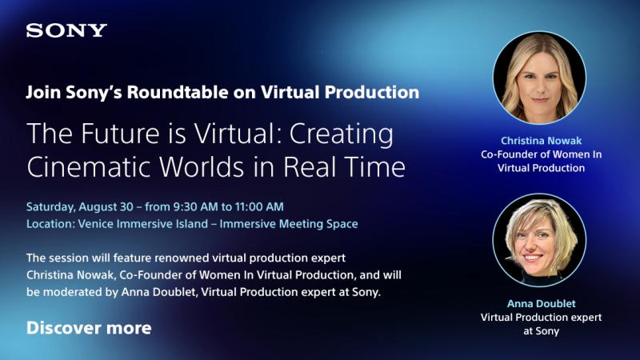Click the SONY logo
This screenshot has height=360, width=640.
pyautogui.click(x=66, y=30)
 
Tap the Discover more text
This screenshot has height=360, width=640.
pyautogui.click(x=89, y=328)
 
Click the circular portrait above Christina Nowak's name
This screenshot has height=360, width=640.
pyautogui.click(x=539, y=78)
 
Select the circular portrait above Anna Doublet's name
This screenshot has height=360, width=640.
pyautogui.click(x=539, y=240)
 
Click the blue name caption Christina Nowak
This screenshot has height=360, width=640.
pyautogui.click(x=542, y=141)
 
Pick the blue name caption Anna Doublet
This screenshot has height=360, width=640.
pyautogui.click(x=542, y=304)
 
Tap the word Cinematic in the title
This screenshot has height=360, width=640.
pyautogui.click(x=90, y=167)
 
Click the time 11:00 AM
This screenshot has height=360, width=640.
pyautogui.click(x=259, y=207)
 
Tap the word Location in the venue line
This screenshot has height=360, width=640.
pyautogui.click(x=49, y=224)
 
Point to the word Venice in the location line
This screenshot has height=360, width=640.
pyautogui.click(x=95, y=224)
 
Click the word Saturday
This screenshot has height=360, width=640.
pyautogui.click(x=50, y=207)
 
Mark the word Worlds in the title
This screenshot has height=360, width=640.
pyautogui.click(x=202, y=167)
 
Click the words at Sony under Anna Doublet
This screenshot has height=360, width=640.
pyautogui.click(x=542, y=331)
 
